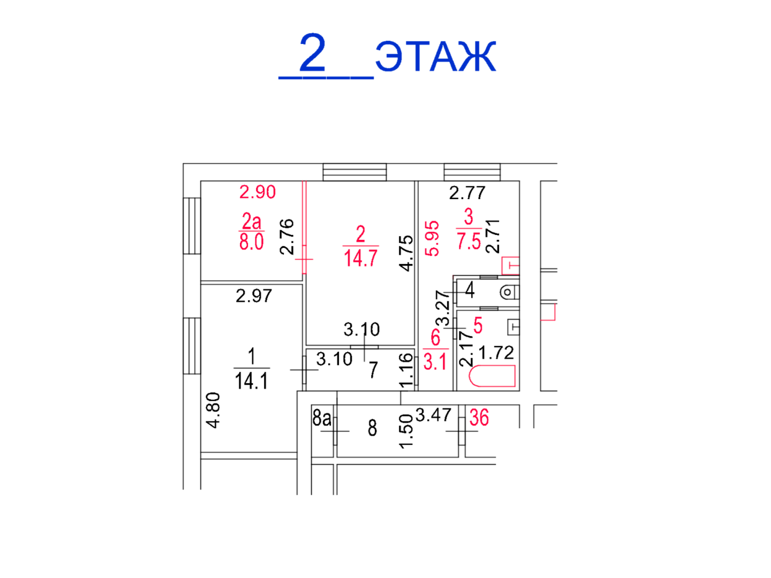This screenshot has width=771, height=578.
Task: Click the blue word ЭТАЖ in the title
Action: tap(435, 56)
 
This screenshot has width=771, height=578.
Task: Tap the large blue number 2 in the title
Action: tap(313, 52)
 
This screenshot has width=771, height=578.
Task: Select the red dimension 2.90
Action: tap(258, 192)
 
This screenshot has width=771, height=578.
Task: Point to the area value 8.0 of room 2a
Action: tap(252, 242)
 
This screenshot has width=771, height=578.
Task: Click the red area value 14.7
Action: tap(361, 258)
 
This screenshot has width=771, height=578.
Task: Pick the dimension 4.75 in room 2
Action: tap(406, 253)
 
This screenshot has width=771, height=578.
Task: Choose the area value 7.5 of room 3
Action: tap(469, 241)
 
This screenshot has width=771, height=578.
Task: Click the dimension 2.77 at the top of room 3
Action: tap(467, 193)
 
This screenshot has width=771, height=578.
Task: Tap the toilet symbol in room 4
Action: tap(509, 292)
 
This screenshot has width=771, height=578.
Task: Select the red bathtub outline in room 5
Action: tap(492, 376)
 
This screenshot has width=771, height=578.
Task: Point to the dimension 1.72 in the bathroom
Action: tap(496, 353)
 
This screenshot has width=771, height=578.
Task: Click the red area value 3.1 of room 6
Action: tap(435, 362)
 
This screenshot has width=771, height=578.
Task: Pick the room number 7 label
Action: tap(373, 370)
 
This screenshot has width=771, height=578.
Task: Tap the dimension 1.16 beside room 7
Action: tap(406, 370)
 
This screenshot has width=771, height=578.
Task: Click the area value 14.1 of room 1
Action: tap(252, 381)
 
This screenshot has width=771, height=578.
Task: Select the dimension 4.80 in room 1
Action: tap(213, 410)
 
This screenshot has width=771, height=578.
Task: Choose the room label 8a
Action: tap(322, 419)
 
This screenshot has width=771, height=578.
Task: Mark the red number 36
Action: tap(479, 417)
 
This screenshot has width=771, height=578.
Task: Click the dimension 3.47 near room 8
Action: tap(434, 415)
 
